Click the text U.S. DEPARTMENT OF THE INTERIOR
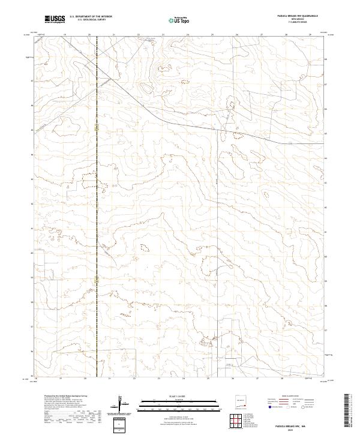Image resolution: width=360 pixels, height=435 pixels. coord(91,17)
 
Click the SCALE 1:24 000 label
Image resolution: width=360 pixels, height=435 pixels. coord(179,395)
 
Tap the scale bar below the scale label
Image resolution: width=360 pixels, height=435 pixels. coord(179,402)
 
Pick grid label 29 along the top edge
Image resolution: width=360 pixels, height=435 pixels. coord(310,35)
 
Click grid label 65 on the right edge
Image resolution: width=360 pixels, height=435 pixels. coord(326,133)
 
